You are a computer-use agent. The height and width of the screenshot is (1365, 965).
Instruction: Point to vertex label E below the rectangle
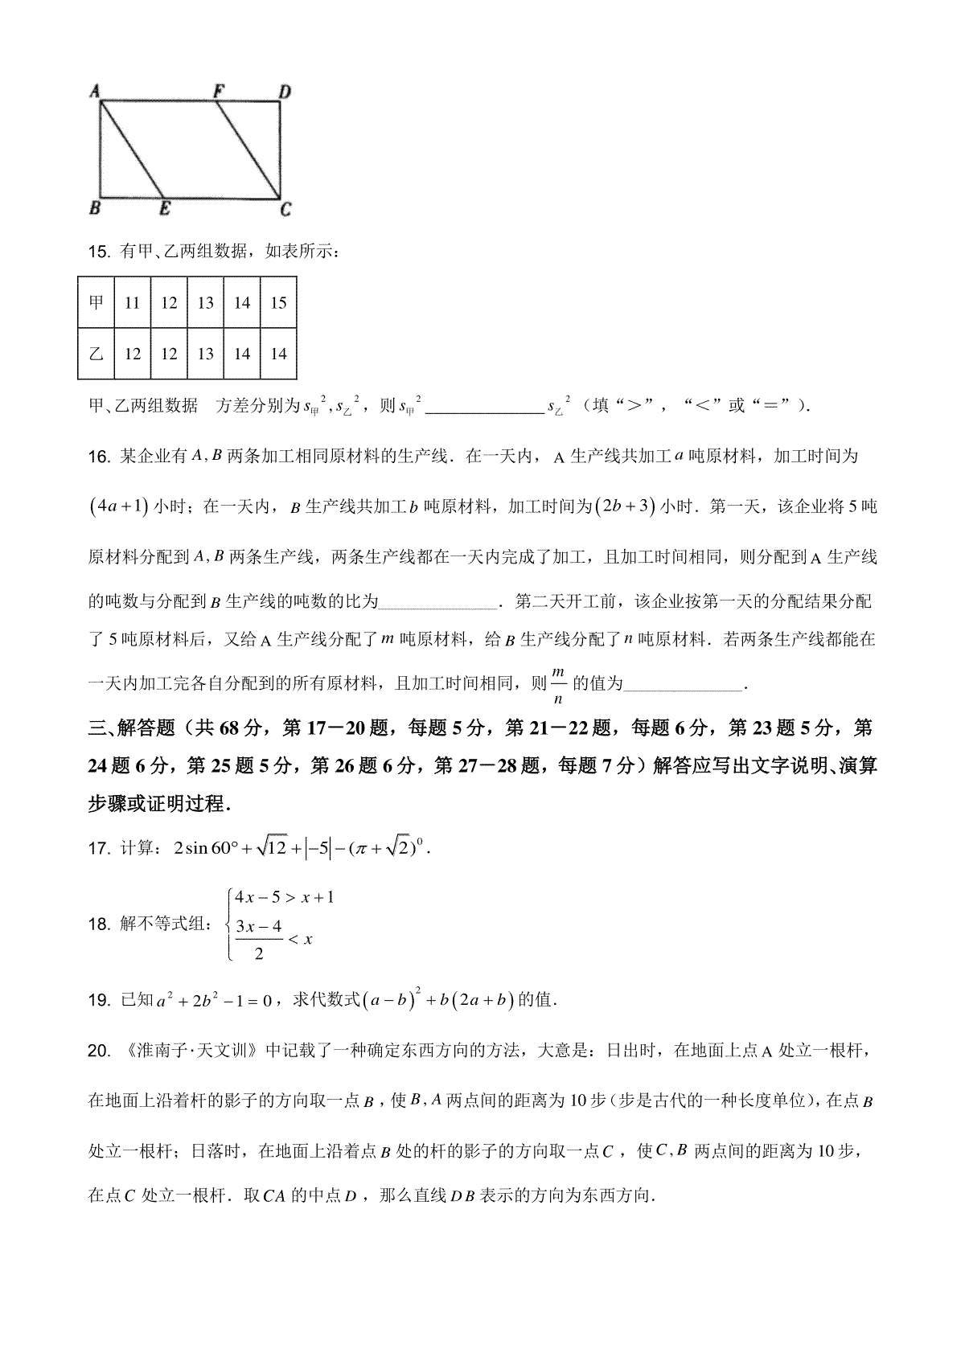[x=164, y=210]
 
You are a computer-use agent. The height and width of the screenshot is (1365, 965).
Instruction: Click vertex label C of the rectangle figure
[x=285, y=211]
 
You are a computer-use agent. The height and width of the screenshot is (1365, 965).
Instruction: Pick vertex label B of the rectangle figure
[x=94, y=210]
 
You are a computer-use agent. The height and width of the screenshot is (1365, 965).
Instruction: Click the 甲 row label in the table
[x=96, y=302]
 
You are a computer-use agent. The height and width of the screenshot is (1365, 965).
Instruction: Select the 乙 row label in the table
[x=96, y=353]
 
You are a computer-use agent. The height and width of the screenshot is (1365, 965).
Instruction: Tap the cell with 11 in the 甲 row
[x=133, y=302]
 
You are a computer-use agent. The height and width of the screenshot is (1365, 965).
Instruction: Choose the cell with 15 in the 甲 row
[x=278, y=302]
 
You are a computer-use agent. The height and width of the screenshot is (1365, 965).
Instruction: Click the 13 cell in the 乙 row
[x=206, y=353]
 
